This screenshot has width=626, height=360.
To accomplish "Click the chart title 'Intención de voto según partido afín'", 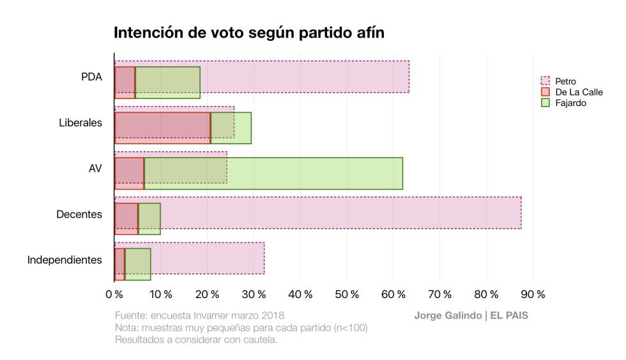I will coord(249,33).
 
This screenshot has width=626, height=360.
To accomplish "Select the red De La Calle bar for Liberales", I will coord(162,128).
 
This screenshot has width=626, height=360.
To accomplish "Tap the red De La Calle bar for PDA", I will coord(125,82).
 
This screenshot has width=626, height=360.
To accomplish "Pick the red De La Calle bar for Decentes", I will coord(126,218).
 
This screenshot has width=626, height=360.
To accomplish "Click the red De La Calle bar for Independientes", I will coord(119,264).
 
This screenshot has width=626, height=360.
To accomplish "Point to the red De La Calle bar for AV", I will coord(129,173).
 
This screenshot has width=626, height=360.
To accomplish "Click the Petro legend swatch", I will coord(545,81).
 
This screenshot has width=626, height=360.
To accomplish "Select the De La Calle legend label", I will coord(579,92).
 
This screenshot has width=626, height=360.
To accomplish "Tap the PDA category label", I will coord(91,77).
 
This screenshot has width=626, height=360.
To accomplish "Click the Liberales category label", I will coord(80,123).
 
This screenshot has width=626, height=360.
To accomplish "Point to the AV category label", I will coord(95,169).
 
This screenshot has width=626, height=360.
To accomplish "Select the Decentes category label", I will coord(79,214).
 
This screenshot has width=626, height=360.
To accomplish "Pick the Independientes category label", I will coord(65,260).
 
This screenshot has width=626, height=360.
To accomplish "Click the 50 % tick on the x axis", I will coord(347,294).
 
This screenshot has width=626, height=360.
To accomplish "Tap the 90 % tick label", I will coord(533,294).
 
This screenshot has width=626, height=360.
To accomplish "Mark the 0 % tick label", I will coord(114,294).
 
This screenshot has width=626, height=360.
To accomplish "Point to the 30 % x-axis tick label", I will coord(254,294).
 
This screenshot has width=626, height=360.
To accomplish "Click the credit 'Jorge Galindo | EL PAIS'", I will coord(471,316).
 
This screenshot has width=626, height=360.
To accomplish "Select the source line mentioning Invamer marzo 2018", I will coord(199,316).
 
